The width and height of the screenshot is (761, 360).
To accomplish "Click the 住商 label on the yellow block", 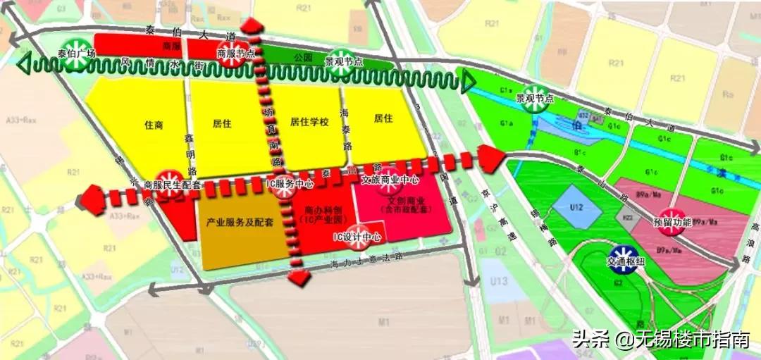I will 154,124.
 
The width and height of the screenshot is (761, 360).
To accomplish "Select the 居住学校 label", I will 309,122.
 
